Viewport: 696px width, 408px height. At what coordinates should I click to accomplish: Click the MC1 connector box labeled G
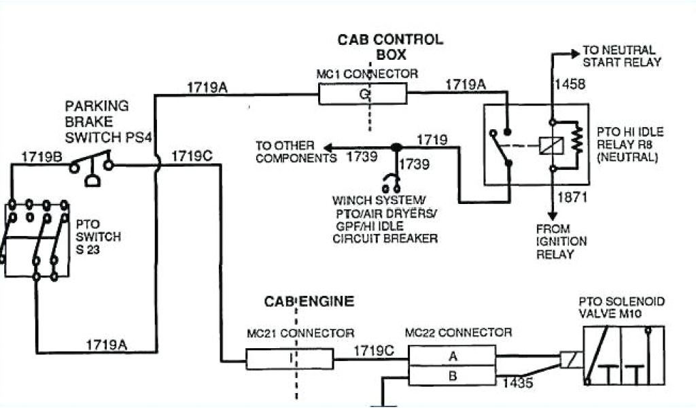[x=362, y=94]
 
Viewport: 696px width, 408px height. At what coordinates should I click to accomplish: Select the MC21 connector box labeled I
[x=290, y=358]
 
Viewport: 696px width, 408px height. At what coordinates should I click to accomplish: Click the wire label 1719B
[x=41, y=156]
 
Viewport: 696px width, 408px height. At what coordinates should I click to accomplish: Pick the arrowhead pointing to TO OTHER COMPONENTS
[x=328, y=148]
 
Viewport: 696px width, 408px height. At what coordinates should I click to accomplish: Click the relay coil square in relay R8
[x=548, y=145]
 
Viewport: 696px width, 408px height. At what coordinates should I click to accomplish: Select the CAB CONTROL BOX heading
[x=390, y=46]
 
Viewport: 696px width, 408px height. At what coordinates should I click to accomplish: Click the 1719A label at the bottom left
[x=106, y=344]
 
